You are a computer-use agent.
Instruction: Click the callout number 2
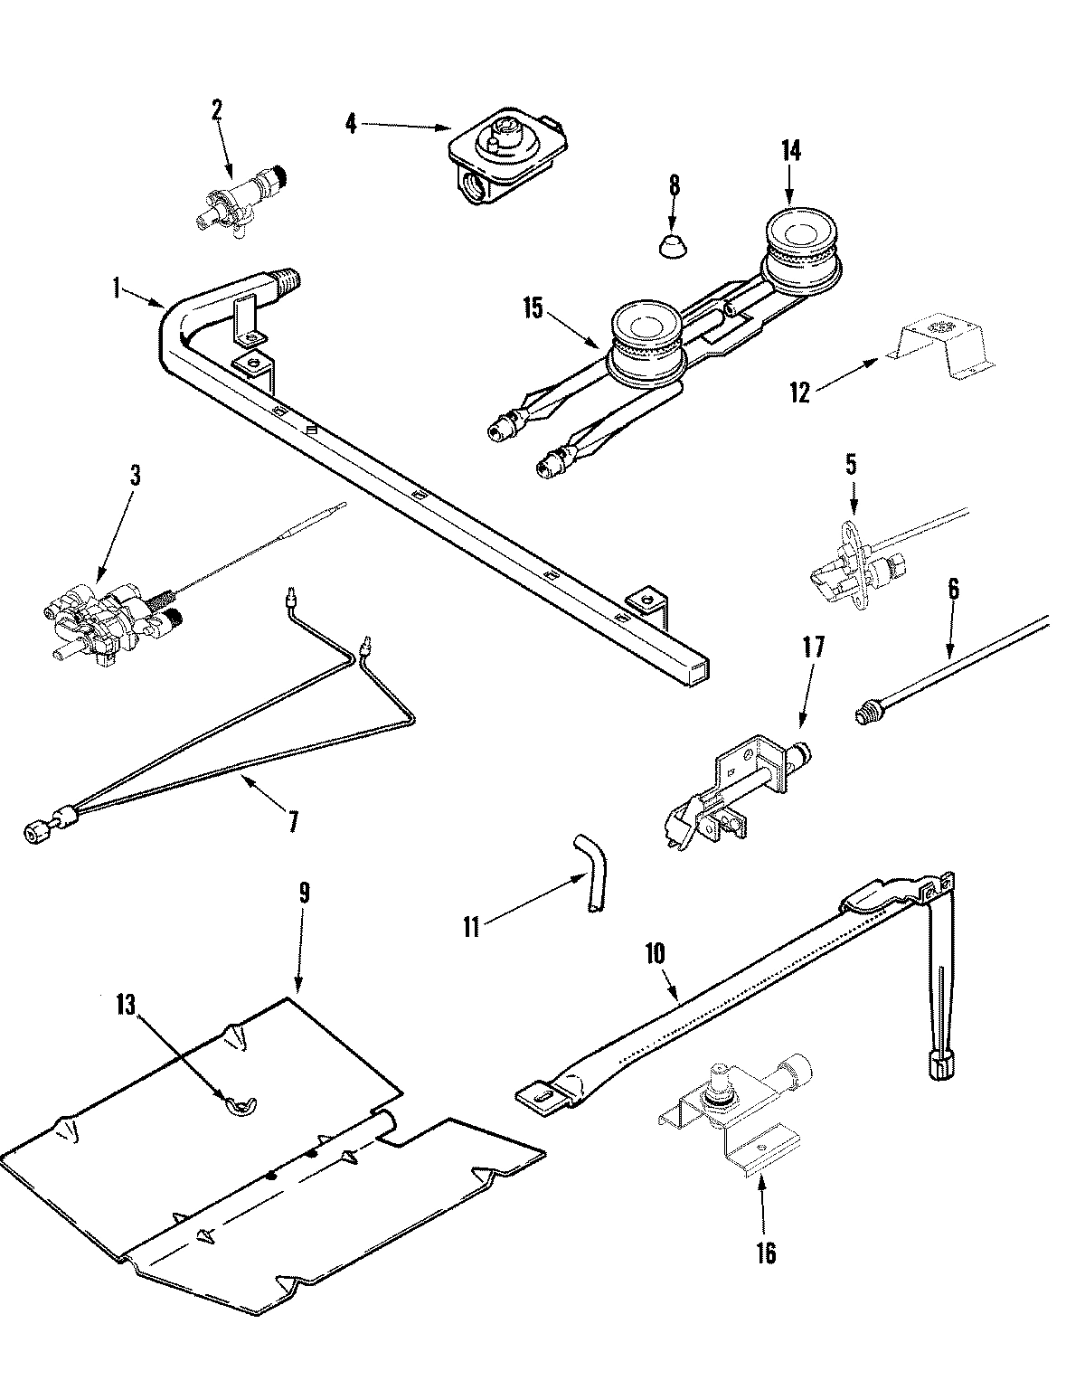pyautogui.click(x=216, y=110)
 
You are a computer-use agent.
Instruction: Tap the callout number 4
pyautogui.click(x=351, y=123)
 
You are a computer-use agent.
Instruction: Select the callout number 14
pyautogui.click(x=790, y=150)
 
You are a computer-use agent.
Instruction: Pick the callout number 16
pyautogui.click(x=766, y=1253)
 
